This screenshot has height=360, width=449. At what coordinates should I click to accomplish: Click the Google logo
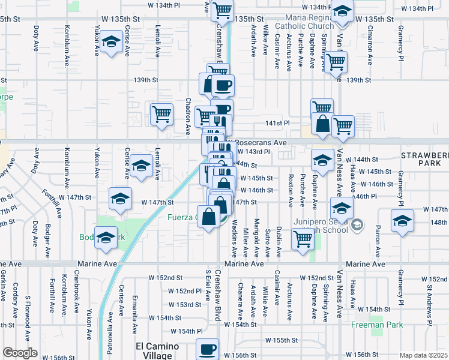click(x=20, y=353)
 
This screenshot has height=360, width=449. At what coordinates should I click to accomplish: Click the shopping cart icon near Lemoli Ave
click(x=161, y=114)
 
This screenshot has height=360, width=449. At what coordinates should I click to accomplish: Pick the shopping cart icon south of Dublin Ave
click(x=303, y=239)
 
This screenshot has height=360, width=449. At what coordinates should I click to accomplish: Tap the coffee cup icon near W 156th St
click(x=208, y=349)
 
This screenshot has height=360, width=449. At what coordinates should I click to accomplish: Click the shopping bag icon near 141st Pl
click(x=323, y=125)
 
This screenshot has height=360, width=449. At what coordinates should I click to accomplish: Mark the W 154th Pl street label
click(x=187, y=331)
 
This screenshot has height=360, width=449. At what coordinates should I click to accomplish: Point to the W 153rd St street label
click(x=184, y=304)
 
